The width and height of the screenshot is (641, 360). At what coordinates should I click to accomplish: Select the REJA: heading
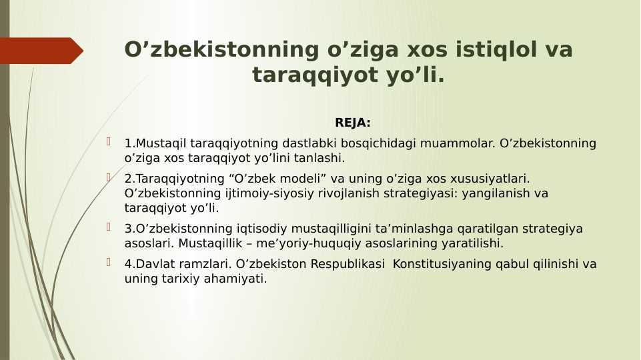click(x=352, y=123)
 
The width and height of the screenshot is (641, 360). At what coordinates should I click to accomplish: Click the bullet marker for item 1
click(x=109, y=142)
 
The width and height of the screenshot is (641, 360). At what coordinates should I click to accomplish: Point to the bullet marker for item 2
click(x=109, y=177)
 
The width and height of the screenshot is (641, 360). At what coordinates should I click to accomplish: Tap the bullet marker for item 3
click(x=109, y=227)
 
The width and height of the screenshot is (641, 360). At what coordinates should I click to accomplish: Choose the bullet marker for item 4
click(x=109, y=263)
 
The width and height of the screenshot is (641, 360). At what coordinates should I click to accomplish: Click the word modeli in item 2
click(x=311, y=179)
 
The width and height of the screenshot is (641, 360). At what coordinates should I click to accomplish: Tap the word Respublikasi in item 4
click(x=348, y=264)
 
